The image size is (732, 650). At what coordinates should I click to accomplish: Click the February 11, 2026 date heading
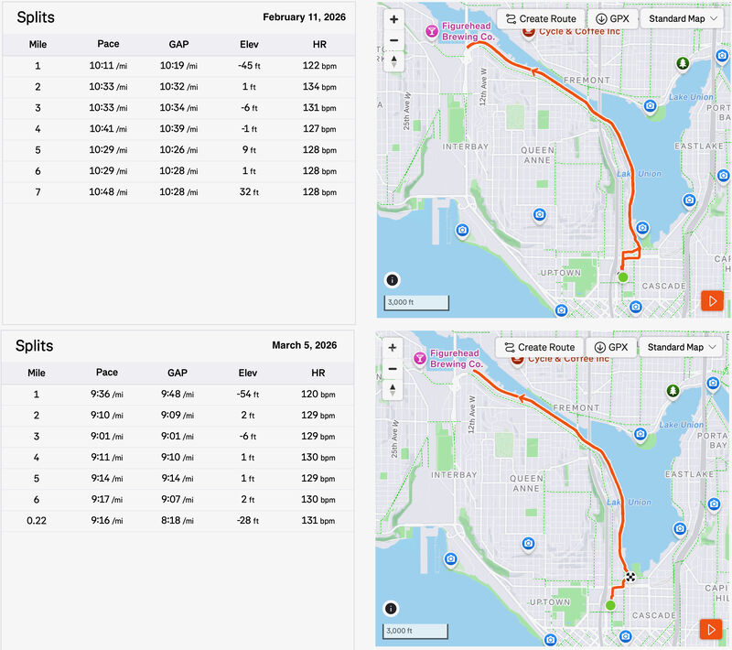click(304, 17)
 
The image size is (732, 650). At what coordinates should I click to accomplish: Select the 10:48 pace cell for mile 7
click(108, 192)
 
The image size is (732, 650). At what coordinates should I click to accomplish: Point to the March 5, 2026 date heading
click(304, 345)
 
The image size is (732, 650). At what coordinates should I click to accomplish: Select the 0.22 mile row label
click(38, 520)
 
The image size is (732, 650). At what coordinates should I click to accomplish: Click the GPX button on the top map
click(612, 18)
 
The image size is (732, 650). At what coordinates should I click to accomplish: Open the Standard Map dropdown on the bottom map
click(682, 347)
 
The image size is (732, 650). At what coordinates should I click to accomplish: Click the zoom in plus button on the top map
click(393, 19)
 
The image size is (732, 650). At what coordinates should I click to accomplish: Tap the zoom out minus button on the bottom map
click(393, 368)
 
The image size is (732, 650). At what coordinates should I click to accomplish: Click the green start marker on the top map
click(623, 276)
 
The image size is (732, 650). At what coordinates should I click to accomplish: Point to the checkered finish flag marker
click(630, 577)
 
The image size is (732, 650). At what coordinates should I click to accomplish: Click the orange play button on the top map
click(711, 300)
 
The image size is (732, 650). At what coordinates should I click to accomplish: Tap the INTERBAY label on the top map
click(466, 146)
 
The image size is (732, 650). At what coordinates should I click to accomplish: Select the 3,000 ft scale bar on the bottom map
click(415, 631)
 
